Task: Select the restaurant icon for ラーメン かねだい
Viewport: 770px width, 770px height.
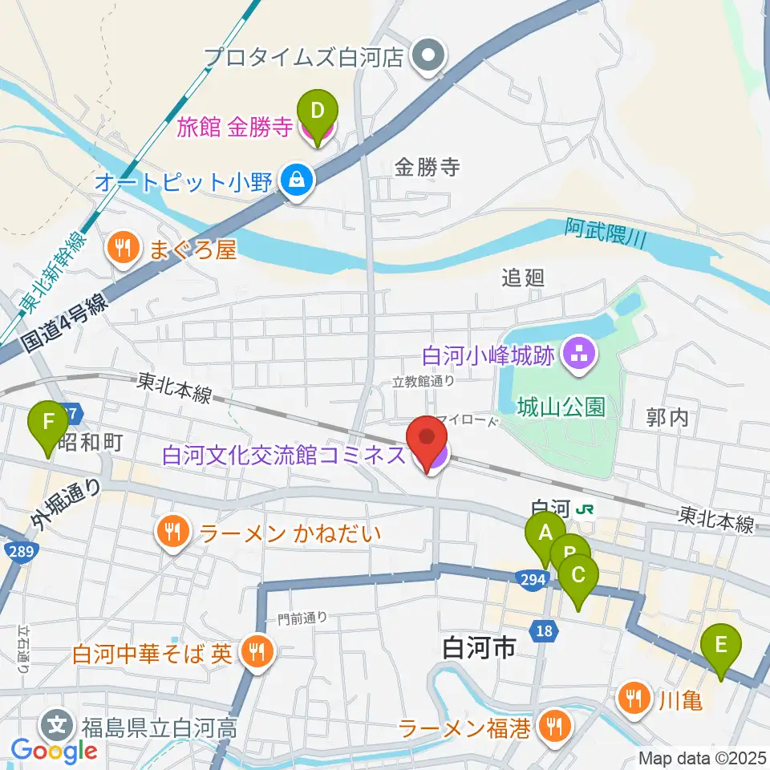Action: point(172,530)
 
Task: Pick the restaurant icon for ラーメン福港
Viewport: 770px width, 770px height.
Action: point(553,727)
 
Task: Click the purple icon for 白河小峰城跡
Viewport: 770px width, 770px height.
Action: point(577,354)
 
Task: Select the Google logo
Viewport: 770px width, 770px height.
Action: point(55,751)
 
